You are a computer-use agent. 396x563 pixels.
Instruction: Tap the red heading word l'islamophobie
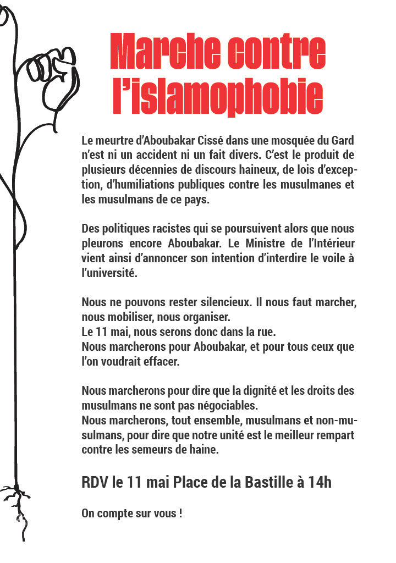pyautogui.click(x=218, y=98)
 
